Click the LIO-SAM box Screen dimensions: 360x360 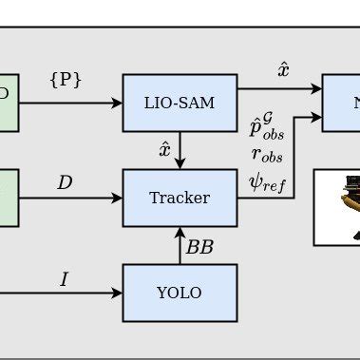(x=180, y=103)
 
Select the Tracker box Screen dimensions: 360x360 (x=180, y=198)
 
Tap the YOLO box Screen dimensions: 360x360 (x=180, y=293)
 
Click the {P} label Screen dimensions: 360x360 (x=66, y=80)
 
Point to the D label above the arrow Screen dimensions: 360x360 (x=65, y=182)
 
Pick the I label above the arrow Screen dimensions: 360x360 (x=64, y=279)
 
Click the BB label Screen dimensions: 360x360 (x=199, y=247)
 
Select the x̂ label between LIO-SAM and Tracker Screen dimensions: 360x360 (x=165, y=149)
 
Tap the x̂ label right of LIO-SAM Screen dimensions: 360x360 (x=283, y=70)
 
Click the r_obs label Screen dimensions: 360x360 (x=267, y=156)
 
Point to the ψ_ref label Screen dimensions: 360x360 (x=267, y=181)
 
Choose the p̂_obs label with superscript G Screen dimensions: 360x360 (x=267, y=127)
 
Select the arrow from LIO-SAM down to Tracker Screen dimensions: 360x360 (x=180, y=150)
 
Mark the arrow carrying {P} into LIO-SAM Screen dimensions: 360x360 (x=70, y=103)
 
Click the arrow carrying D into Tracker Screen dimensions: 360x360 (x=70, y=198)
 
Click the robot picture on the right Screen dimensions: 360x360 (x=337, y=207)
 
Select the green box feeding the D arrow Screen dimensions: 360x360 (x=8, y=198)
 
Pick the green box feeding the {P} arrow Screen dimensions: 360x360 (x=8, y=103)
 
